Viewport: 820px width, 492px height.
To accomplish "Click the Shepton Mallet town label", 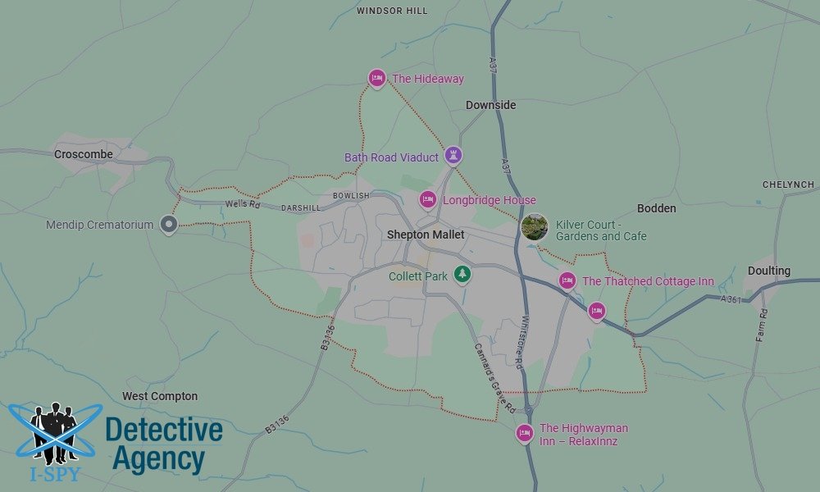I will tap(426, 235).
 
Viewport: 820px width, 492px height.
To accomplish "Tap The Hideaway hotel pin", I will tap(376, 78).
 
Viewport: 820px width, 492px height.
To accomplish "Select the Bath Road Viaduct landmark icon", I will tap(453, 155).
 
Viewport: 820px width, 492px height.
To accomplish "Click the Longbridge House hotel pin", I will tap(427, 199).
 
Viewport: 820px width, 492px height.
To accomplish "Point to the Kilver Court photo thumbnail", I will tap(535, 227).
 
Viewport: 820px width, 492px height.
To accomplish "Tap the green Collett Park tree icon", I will tap(462, 274).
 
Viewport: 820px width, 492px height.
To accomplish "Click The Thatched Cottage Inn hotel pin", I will tap(567, 280).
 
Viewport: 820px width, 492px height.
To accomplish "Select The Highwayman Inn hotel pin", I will tap(524, 432).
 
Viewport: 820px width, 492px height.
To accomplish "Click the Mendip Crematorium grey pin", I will tap(169, 224).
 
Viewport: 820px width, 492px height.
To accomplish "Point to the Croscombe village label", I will tap(84, 154).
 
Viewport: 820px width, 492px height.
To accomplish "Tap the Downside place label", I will tap(490, 105).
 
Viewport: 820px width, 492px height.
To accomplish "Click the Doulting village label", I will tap(768, 271).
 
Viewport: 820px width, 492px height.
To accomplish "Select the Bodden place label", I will tap(656, 208).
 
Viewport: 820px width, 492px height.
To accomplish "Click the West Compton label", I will tap(160, 396).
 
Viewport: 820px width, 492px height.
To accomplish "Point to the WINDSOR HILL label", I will tap(392, 11).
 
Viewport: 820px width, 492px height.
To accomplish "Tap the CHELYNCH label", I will tap(787, 184).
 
